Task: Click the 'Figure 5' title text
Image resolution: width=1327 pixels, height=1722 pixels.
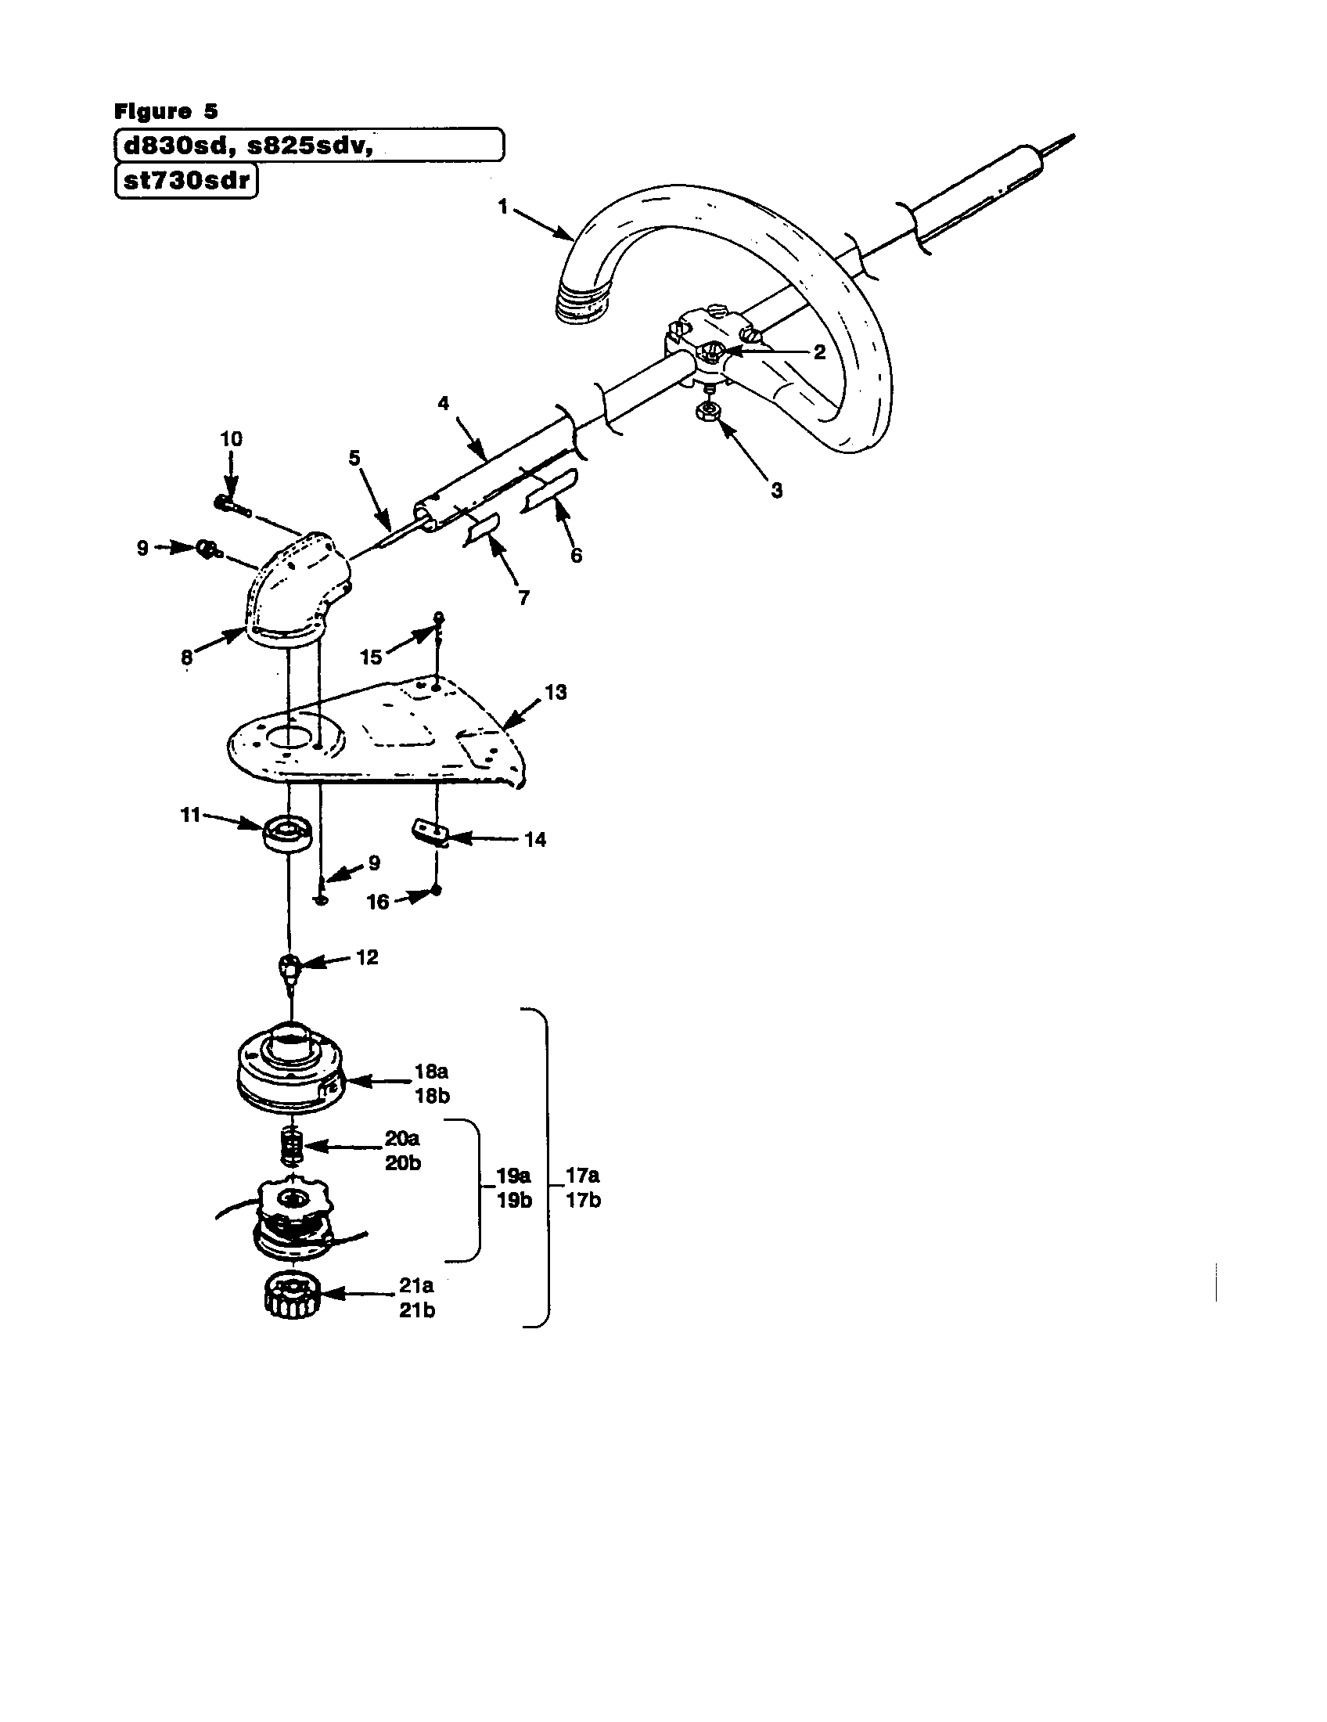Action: click(165, 111)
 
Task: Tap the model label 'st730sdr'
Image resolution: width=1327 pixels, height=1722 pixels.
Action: click(187, 182)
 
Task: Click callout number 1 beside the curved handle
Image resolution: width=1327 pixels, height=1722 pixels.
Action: click(502, 207)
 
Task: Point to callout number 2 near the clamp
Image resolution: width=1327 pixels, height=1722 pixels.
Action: click(819, 352)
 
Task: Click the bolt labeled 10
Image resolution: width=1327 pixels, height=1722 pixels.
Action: click(230, 505)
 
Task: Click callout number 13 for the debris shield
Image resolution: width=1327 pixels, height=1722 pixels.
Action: click(556, 692)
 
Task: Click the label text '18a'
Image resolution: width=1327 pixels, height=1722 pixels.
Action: click(432, 1072)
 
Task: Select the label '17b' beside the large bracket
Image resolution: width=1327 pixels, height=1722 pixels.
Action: click(583, 1200)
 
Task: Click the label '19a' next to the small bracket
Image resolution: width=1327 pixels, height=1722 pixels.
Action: click(513, 1176)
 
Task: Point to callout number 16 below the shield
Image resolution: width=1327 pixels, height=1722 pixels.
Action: click(378, 902)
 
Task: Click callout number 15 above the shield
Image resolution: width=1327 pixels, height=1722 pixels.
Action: click(370, 657)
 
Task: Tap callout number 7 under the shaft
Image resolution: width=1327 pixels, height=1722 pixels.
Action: click(524, 598)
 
